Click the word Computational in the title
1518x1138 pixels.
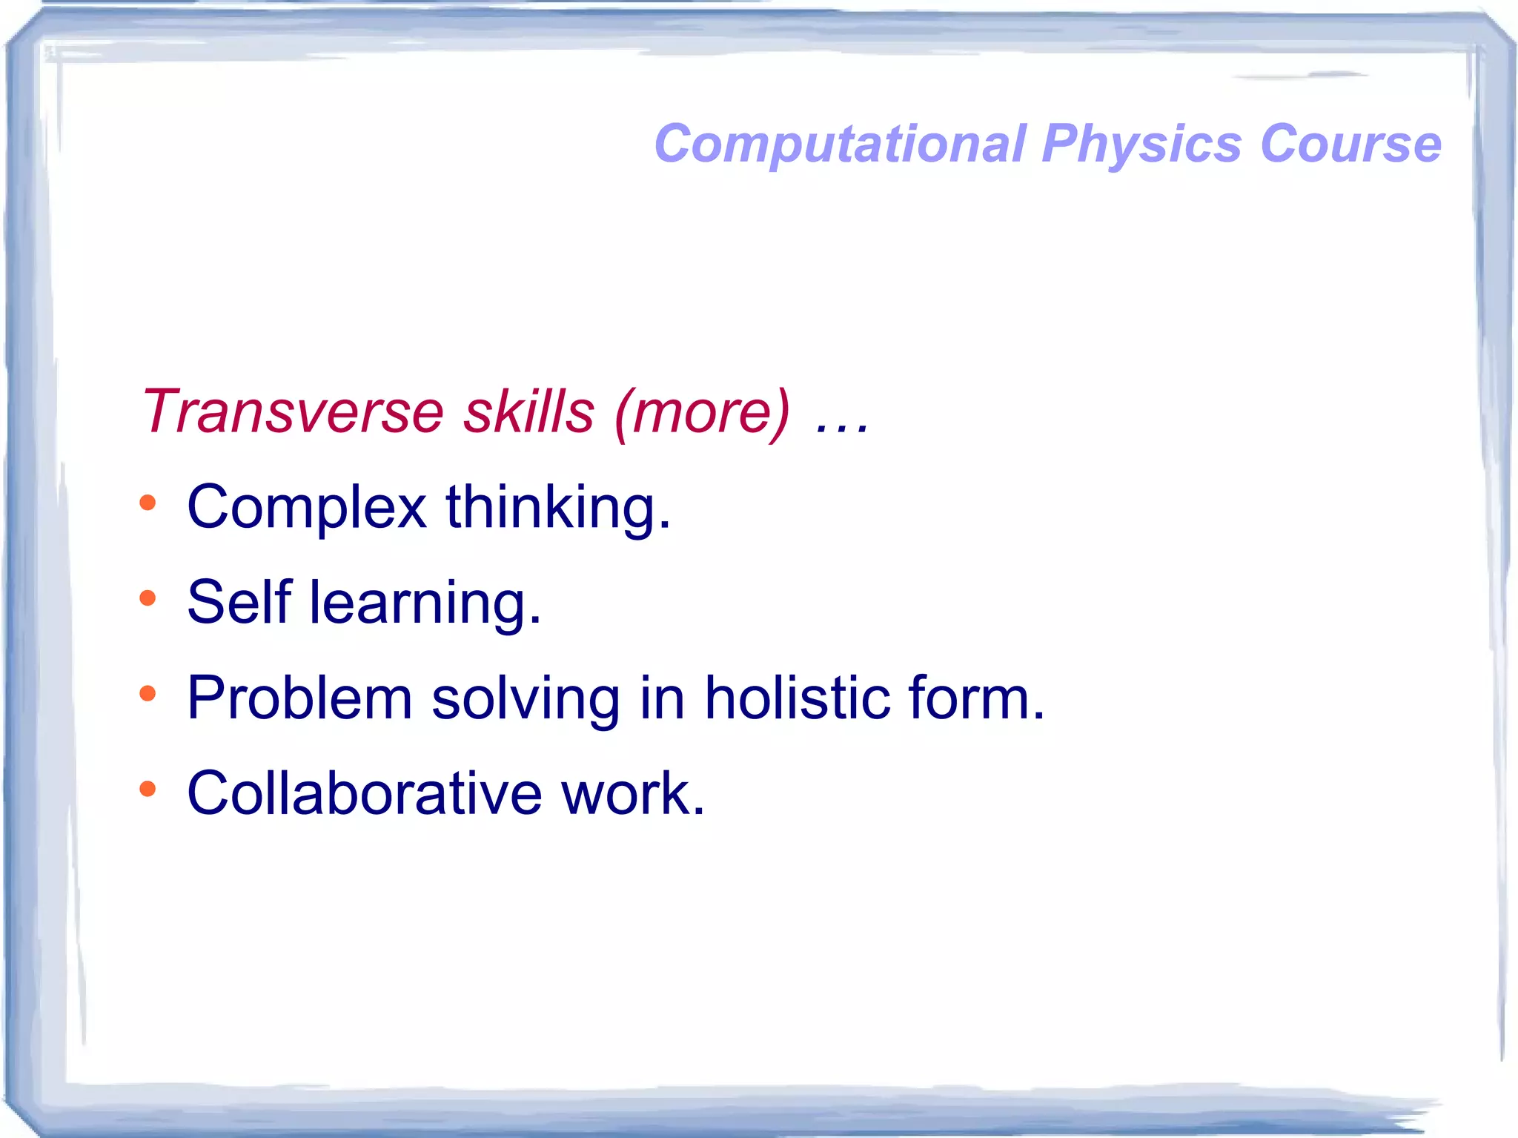(840, 144)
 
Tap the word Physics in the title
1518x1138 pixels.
(1141, 144)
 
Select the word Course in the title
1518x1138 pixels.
(1350, 144)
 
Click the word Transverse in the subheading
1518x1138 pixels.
(292, 411)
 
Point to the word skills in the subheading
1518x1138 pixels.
(528, 411)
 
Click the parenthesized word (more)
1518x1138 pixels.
(702, 413)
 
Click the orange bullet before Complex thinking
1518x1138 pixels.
(148, 503)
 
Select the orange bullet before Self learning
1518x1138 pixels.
(148, 598)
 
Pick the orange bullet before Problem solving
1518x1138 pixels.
(148, 694)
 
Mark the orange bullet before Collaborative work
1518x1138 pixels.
(148, 789)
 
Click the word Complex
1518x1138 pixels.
(307, 509)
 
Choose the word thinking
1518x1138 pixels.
(557, 509)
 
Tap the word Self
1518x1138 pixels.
(239, 603)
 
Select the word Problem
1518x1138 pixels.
(299, 698)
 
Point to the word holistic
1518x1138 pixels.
(797, 698)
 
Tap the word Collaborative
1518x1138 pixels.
(365, 794)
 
